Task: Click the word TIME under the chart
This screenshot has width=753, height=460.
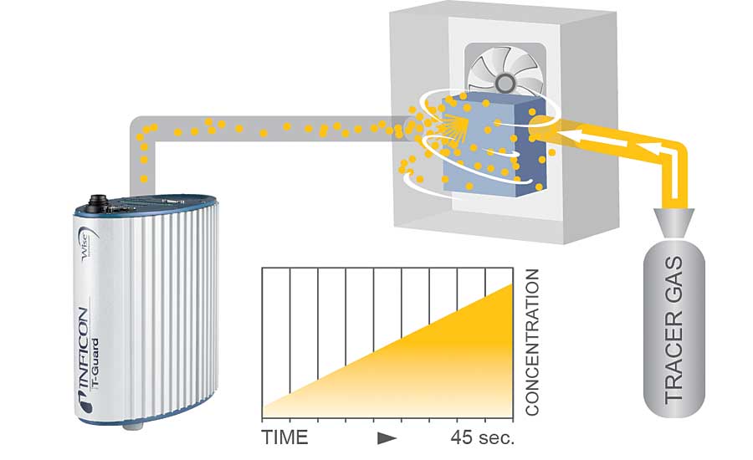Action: (284, 437)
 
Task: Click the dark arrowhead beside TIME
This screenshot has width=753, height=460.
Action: (386, 437)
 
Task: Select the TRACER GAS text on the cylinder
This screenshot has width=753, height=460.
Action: (674, 331)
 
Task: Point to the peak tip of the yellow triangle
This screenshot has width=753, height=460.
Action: (510, 287)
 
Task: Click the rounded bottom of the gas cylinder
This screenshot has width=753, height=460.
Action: (674, 410)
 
